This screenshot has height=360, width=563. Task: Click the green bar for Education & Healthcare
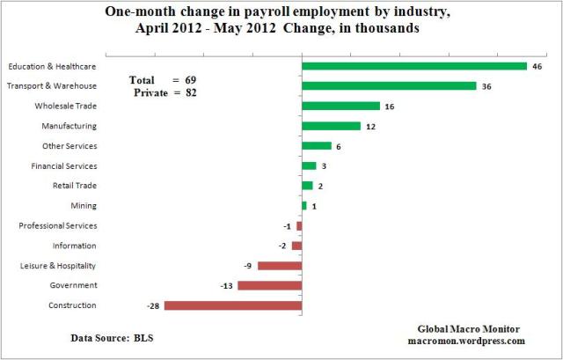point(413,66)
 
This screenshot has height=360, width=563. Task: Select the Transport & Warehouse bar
point(389,86)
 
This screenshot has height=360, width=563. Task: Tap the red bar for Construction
point(233,305)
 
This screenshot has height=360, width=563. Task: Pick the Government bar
point(269,285)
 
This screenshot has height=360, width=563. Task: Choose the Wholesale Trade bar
point(340,106)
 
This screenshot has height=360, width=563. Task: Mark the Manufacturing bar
point(331,126)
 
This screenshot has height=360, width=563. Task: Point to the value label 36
point(486,86)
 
